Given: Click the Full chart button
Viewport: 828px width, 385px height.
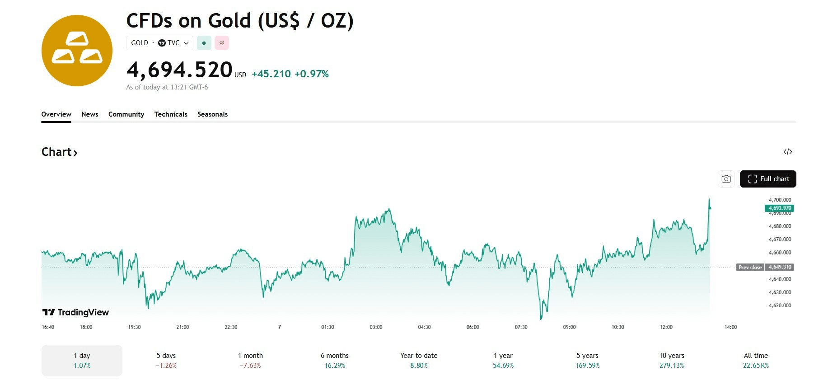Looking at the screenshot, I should pyautogui.click(x=767, y=179).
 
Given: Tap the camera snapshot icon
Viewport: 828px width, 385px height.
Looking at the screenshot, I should pyautogui.click(x=726, y=179).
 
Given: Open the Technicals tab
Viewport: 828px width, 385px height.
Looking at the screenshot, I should pyautogui.click(x=171, y=114).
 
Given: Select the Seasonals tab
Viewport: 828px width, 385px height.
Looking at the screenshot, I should pyautogui.click(x=212, y=114).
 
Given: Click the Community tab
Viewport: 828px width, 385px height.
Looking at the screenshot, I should pyautogui.click(x=126, y=114).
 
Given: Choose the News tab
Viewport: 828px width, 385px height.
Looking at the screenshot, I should pyautogui.click(x=90, y=114).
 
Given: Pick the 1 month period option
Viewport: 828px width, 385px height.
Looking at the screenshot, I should pyautogui.click(x=250, y=361).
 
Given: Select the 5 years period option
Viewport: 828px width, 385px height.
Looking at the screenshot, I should pyautogui.click(x=587, y=361).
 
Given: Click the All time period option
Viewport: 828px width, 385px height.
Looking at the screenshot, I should pyautogui.click(x=756, y=361).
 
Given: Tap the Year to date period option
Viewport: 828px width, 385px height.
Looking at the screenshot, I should pyautogui.click(x=419, y=361).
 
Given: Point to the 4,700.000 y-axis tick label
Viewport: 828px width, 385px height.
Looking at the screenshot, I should pyautogui.click(x=780, y=200).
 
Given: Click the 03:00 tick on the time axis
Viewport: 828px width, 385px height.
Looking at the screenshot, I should pyautogui.click(x=376, y=327).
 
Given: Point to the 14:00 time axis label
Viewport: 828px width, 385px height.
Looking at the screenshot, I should pyautogui.click(x=730, y=327).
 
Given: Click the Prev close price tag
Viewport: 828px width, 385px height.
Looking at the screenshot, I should pyautogui.click(x=765, y=267).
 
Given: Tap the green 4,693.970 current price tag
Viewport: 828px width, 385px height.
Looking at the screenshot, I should pyautogui.click(x=779, y=208).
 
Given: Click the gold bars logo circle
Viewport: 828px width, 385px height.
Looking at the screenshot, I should pyautogui.click(x=77, y=51).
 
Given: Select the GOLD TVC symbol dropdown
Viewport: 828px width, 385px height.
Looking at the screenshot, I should pyautogui.click(x=159, y=43).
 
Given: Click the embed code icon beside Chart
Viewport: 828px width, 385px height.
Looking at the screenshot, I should pyautogui.click(x=787, y=152).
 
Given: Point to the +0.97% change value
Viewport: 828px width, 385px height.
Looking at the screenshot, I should pyautogui.click(x=311, y=74).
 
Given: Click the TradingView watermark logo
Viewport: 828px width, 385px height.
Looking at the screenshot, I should pyautogui.click(x=75, y=312).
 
